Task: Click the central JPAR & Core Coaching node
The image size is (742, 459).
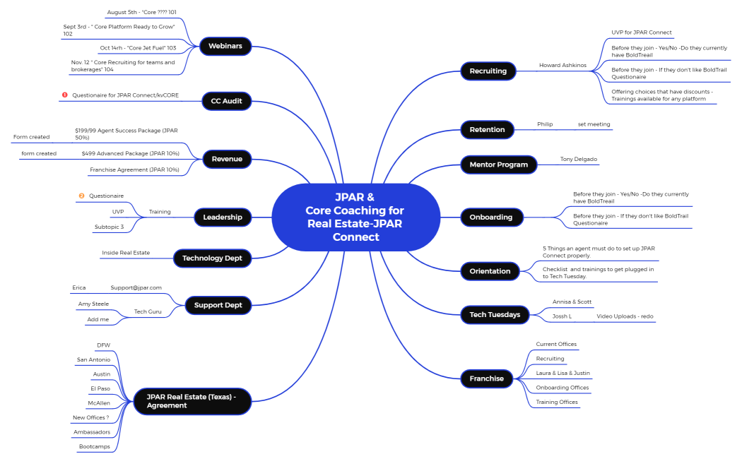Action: (355, 217)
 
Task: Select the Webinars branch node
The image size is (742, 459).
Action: (225, 47)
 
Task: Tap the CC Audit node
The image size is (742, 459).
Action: (226, 101)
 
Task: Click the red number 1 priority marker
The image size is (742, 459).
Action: (64, 95)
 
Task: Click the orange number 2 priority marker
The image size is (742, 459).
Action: (81, 196)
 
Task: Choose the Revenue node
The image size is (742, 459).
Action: (227, 159)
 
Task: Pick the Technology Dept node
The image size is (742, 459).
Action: (212, 258)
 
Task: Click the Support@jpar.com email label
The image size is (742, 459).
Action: (136, 288)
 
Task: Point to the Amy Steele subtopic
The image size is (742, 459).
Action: (93, 304)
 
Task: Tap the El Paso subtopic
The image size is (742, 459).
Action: (100, 388)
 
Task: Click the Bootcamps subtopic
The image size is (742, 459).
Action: (94, 446)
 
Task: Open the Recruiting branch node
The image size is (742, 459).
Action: (488, 71)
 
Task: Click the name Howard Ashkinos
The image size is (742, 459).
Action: (563, 65)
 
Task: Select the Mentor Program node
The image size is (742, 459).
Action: (498, 165)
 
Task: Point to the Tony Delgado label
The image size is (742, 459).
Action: (579, 159)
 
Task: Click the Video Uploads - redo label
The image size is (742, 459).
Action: (625, 316)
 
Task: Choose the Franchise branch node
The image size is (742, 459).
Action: (486, 378)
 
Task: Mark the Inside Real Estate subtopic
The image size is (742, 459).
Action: (126, 253)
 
